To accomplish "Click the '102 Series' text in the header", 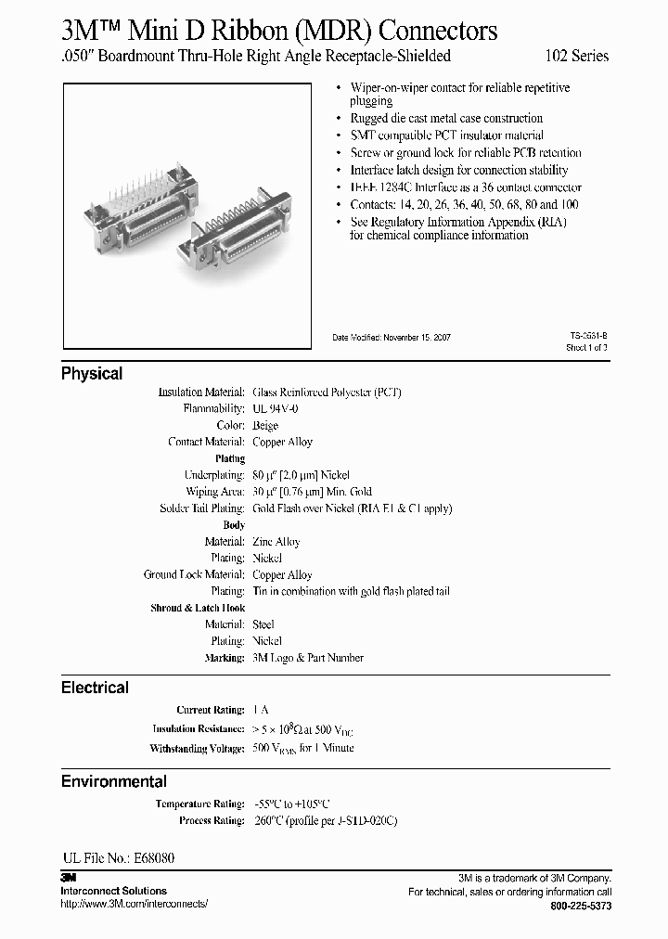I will point(576,57).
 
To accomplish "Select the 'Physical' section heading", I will point(92,374).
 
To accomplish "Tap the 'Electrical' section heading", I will point(95,688).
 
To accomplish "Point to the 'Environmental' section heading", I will point(114,781).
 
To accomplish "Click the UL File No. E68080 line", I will point(118,858).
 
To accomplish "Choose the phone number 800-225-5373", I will point(581,906).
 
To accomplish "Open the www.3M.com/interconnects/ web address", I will point(135,904).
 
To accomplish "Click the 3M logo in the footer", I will point(68,878).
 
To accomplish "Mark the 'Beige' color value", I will point(265,426).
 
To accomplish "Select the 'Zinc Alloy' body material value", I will point(276,542).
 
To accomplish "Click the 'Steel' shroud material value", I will point(263,624).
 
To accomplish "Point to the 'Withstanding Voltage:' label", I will point(197,749).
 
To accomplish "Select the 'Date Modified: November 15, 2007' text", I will point(392,338).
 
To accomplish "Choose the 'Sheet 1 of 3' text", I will point(586,348).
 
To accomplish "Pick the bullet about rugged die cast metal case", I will point(446,119).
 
